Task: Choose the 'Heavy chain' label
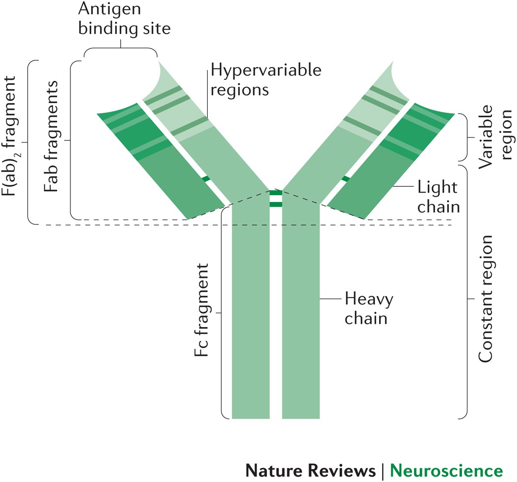coord(365,308)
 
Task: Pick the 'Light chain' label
coord(437,196)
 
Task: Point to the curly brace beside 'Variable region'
coord(463,137)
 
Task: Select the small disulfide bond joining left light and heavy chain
coord(205,178)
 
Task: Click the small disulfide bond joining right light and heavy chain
coord(346,178)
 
